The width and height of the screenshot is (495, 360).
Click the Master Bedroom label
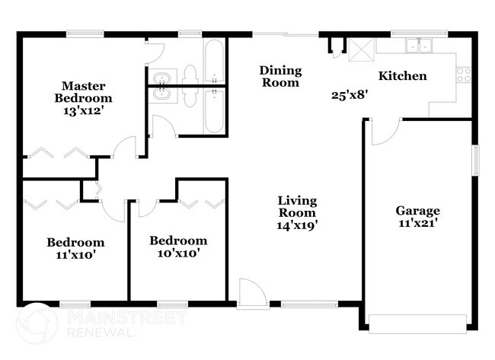click(83, 92)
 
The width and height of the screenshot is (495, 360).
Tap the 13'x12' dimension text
click(83, 111)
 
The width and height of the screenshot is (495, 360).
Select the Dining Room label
click(280, 76)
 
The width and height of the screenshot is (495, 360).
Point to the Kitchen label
click(403, 75)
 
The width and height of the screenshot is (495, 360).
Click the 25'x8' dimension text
click(350, 95)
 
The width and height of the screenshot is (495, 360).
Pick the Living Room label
click(297, 206)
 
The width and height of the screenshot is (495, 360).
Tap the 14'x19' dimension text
click(297, 225)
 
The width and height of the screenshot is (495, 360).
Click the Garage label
click(417, 211)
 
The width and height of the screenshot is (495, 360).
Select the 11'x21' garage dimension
click(417, 224)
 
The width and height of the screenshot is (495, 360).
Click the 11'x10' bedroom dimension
click(75, 255)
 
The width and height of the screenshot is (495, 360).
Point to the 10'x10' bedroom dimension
click(178, 253)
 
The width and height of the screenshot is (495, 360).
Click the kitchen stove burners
click(464, 75)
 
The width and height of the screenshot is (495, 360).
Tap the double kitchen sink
click(419, 46)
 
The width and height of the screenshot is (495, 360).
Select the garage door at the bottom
click(417, 323)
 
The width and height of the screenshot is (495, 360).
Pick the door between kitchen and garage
click(386, 132)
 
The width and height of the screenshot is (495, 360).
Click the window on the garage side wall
click(475, 160)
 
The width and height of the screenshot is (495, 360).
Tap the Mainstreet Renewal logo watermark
click(101, 323)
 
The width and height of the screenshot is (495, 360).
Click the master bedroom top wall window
click(85, 33)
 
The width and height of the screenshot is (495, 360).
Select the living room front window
click(309, 304)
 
